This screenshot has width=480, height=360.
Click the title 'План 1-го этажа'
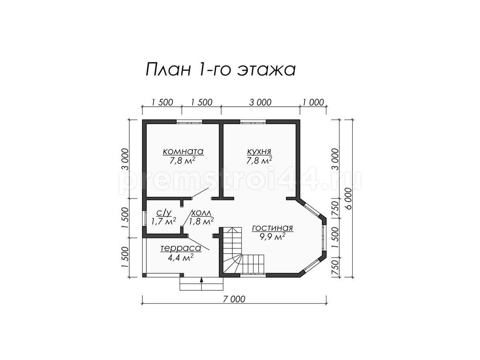click(220, 70)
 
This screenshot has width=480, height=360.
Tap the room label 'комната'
click(183, 151)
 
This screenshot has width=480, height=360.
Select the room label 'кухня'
click(259, 152)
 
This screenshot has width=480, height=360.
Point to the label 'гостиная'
click(272, 228)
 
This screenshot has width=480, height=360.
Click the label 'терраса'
click(181, 248)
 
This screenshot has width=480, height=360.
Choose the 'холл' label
click(201, 212)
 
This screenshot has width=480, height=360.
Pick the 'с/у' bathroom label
click(164, 212)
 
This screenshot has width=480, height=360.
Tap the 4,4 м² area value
click(180, 258)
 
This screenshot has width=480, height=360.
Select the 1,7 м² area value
click(164, 221)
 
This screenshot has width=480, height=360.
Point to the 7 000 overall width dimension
click(234, 299)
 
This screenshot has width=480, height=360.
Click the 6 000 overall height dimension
click(349, 198)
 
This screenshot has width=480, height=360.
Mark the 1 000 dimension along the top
click(313, 102)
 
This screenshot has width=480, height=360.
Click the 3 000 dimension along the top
click(260, 102)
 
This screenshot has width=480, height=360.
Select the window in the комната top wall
click(189, 122)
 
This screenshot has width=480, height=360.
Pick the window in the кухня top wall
click(253, 122)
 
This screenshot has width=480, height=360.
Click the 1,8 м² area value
click(202, 221)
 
